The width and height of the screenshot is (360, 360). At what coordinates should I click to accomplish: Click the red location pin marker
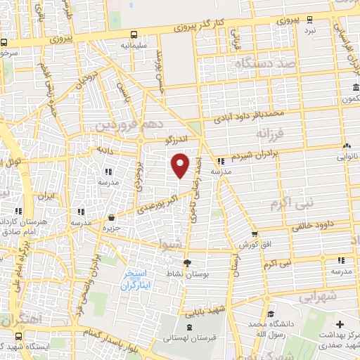pos(181,164)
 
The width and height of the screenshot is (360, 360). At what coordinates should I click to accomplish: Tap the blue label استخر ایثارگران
pos(136,280)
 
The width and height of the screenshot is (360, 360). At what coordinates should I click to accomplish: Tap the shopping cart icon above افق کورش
pos(255,234)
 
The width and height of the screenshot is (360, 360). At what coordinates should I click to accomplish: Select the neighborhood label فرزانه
pos(270,134)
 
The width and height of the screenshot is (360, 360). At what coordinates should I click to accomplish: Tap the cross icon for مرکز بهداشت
pos(341,325)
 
